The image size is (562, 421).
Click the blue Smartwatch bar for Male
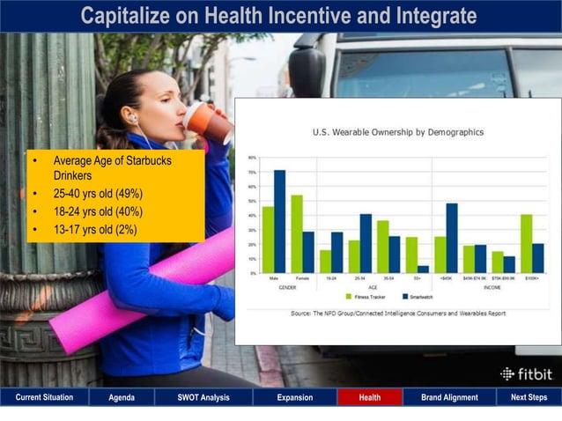[279, 222]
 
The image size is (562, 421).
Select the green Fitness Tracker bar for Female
[297, 234]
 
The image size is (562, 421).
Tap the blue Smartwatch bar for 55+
[424, 269]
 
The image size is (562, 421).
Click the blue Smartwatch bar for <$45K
[452, 238]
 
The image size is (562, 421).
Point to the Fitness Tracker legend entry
[365, 296]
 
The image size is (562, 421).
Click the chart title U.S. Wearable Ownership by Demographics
[397, 132]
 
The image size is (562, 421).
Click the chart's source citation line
[397, 313]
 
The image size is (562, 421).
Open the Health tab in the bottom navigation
[370, 397]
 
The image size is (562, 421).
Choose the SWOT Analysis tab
[203, 397]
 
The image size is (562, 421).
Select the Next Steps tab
[529, 397]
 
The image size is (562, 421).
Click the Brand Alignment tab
[449, 397]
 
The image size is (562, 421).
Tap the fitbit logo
[527, 373]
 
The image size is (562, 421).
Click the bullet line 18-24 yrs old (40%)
[97, 212]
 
